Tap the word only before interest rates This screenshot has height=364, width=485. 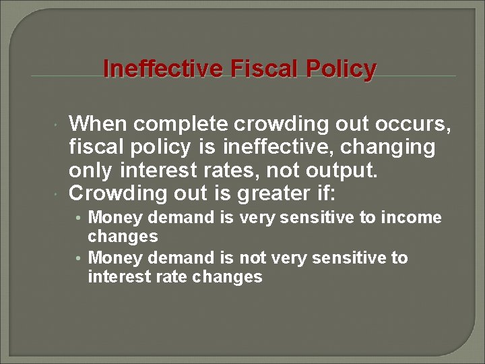click(90, 171)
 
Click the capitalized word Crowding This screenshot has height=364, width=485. click(118, 193)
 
